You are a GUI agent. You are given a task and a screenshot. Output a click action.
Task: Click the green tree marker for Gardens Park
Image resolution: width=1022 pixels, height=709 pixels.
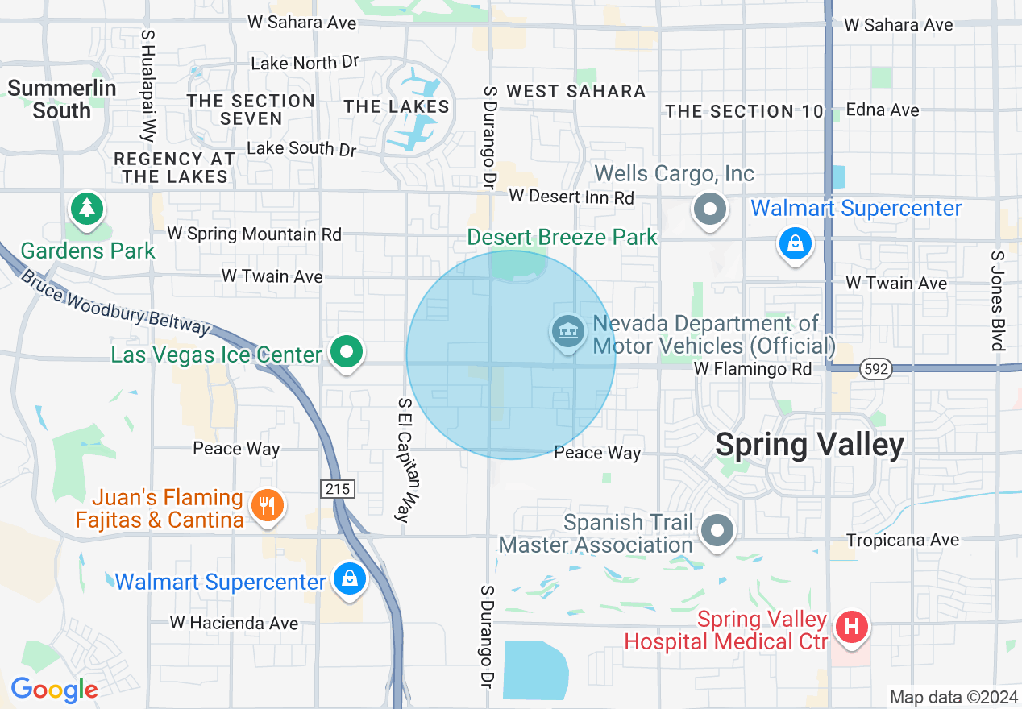click(86, 209)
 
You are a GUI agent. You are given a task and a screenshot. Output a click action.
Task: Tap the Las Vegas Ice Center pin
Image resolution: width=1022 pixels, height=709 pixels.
click(347, 352)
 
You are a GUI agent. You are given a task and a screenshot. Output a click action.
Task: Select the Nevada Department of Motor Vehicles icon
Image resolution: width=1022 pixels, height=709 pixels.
click(568, 332)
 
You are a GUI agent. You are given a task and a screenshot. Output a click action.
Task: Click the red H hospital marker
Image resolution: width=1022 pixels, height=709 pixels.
click(851, 627)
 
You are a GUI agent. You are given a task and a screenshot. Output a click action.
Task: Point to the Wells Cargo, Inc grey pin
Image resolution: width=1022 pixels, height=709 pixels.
click(710, 209)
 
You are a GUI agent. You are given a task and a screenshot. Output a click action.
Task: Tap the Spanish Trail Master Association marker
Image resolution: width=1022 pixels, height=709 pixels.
click(717, 531)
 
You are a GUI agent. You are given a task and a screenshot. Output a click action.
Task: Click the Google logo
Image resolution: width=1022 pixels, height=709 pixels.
click(54, 690)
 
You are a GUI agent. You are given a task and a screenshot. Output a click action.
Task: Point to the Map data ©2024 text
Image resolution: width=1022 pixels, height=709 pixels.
click(952, 697)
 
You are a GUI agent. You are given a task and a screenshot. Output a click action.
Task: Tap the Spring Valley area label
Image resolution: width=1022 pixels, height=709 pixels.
click(809, 444)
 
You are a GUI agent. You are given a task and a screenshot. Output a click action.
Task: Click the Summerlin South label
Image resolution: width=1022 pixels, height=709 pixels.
click(62, 99)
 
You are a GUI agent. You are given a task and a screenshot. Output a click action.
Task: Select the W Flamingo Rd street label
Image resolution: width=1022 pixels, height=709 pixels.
click(753, 369)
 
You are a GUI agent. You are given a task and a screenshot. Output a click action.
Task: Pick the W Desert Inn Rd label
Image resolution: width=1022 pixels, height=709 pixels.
click(571, 197)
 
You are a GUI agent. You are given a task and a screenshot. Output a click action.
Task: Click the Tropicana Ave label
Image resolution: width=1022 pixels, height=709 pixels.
click(903, 540)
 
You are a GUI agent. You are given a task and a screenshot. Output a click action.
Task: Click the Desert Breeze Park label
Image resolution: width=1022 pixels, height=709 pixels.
click(562, 237)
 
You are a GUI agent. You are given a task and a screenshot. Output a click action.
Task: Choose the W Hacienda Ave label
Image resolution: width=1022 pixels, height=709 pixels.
click(234, 623)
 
